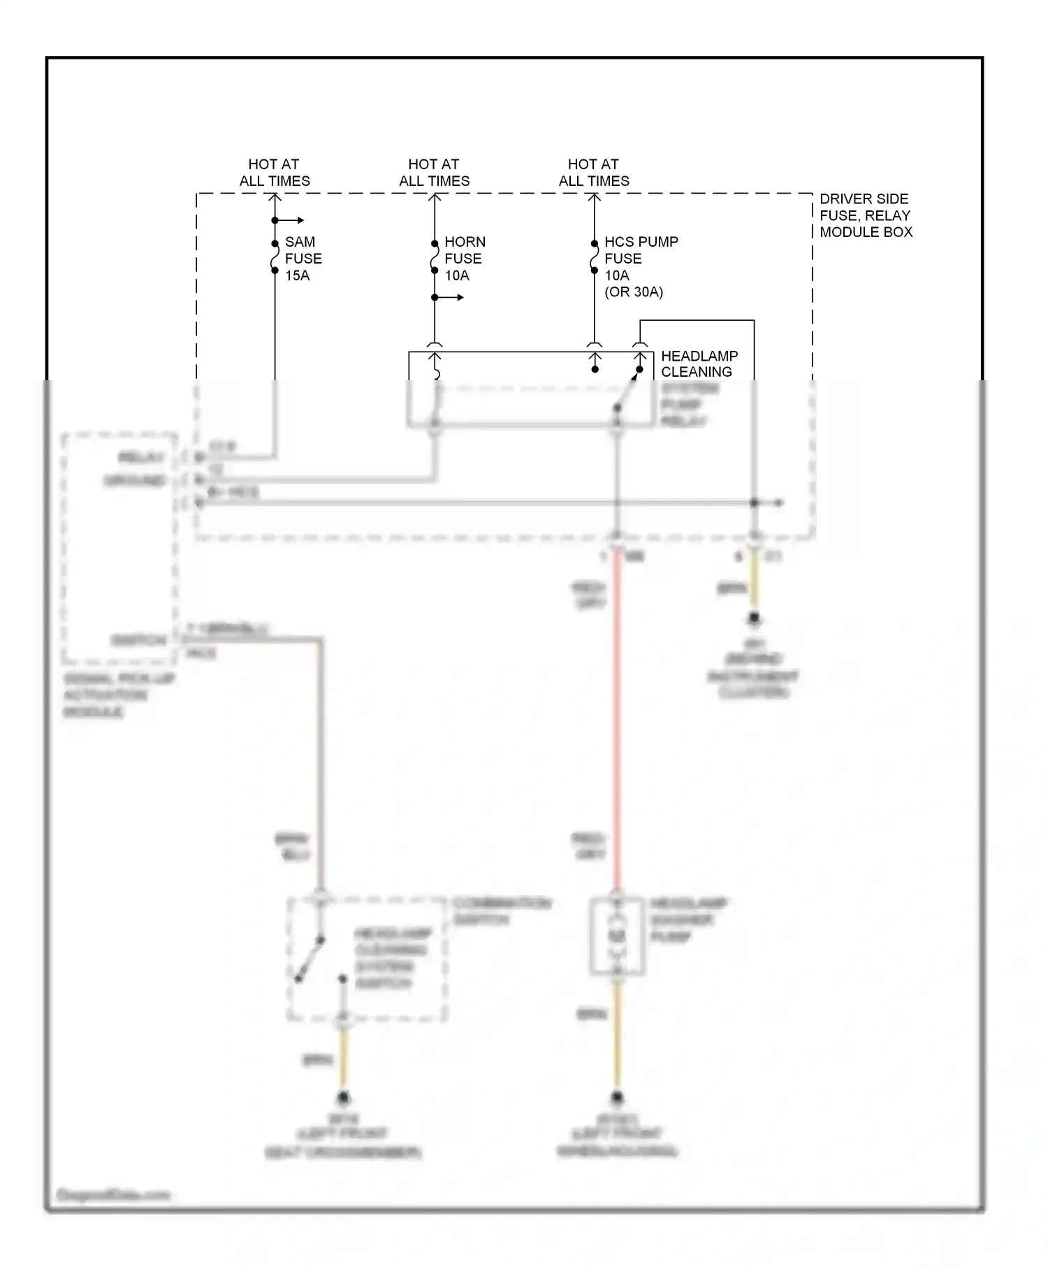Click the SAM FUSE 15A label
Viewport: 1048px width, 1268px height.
pyautogui.click(x=303, y=259)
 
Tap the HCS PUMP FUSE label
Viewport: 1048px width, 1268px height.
pyautogui.click(x=641, y=250)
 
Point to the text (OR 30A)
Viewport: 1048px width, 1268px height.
pyautogui.click(x=634, y=292)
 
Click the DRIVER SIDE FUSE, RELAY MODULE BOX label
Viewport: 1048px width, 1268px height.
pyautogui.click(x=866, y=215)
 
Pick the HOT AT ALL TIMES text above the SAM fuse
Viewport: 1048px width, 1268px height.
pyautogui.click(x=275, y=173)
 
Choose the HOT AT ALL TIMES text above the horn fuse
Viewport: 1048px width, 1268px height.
pyautogui.click(x=435, y=173)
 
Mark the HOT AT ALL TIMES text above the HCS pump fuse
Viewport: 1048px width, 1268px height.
pyautogui.click(x=594, y=173)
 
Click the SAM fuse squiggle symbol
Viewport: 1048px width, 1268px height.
pyautogui.click(x=275, y=257)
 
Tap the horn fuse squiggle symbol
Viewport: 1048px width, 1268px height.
pyautogui.click(x=435, y=257)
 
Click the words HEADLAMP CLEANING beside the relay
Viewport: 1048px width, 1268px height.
pyautogui.click(x=699, y=363)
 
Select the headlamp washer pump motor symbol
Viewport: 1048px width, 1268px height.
pyautogui.click(x=617, y=937)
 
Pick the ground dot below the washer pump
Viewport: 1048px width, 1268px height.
pyautogui.click(x=617, y=1097)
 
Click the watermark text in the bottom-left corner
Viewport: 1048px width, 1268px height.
pyautogui.click(x=112, y=1195)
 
